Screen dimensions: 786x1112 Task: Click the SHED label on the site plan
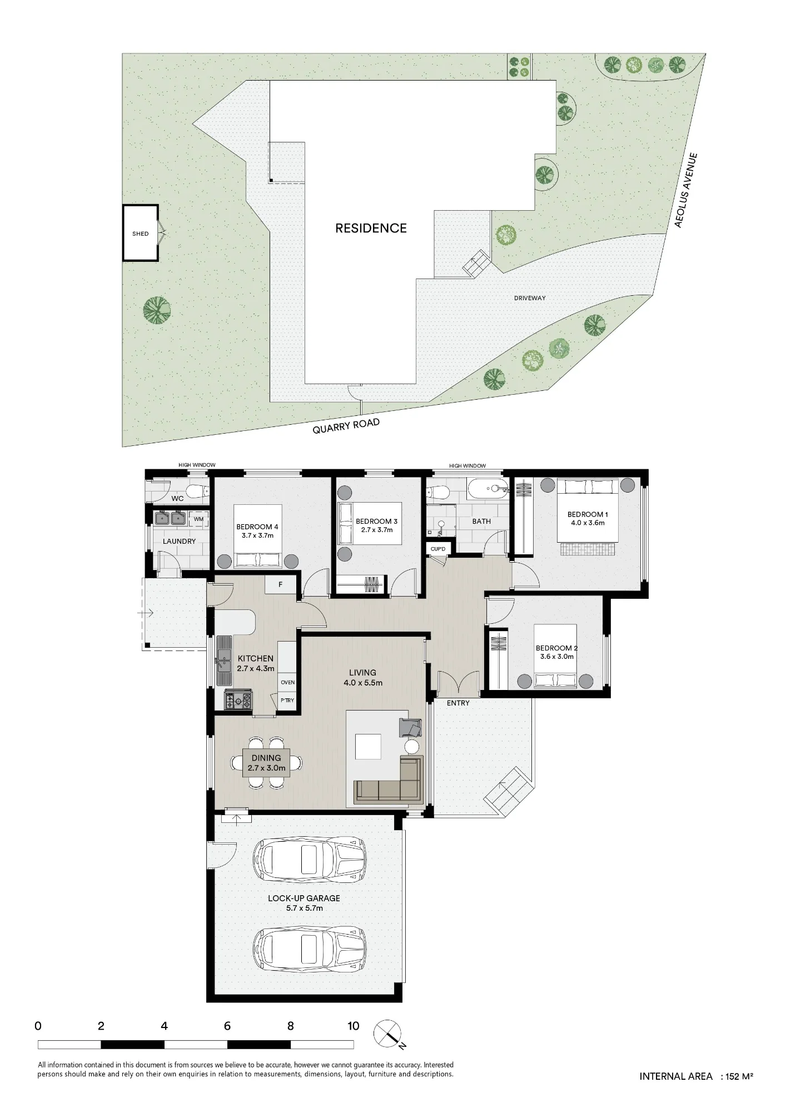coord(141,234)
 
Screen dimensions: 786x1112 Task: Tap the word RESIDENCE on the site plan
coord(371,228)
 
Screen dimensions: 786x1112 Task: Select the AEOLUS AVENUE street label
coord(685,190)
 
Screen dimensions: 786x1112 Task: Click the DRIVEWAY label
coord(530,298)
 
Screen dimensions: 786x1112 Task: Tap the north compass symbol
coord(387,1034)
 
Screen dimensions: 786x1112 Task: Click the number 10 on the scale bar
coord(353,1026)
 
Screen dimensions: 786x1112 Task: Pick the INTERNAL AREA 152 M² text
coord(696,1076)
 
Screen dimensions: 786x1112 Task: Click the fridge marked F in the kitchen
coord(281,585)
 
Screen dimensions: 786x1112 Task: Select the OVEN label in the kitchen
coord(287,682)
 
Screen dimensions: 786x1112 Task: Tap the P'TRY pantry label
coord(287,701)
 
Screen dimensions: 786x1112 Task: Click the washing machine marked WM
coord(198,519)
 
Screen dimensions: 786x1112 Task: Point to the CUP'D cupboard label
coord(438,549)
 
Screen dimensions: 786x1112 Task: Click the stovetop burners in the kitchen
coord(238,700)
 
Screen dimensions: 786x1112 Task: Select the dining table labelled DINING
coord(266,762)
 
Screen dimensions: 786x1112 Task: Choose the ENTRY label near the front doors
coord(458,703)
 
